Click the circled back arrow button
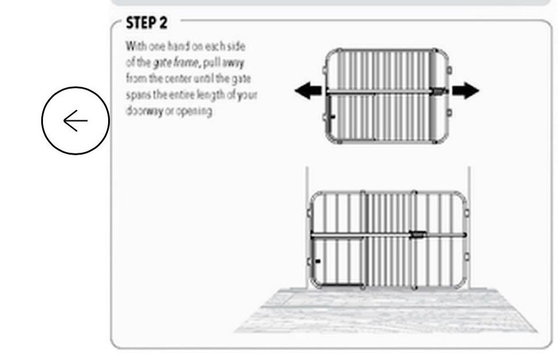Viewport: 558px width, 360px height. (x=76, y=121)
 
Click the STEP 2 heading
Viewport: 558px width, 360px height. (x=146, y=23)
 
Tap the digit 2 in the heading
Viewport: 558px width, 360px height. (x=163, y=23)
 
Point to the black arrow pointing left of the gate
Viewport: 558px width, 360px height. (x=308, y=91)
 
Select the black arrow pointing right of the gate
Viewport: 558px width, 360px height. (x=466, y=91)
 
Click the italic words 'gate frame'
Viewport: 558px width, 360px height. (x=176, y=63)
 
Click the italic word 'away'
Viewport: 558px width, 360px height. (x=233, y=63)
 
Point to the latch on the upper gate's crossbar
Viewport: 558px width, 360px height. (x=440, y=91)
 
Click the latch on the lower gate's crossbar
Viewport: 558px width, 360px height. (x=418, y=234)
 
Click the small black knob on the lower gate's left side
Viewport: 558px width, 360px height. (x=318, y=261)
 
